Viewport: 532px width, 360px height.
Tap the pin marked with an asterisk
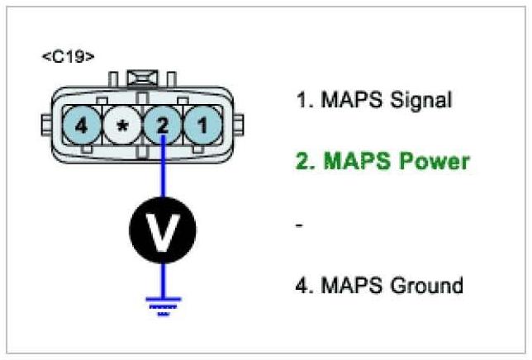(x=122, y=127)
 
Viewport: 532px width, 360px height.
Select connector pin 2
(x=164, y=127)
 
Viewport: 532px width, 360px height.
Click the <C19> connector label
(x=68, y=57)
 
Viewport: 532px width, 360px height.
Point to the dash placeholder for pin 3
(x=299, y=224)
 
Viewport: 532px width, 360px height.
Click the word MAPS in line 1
(x=346, y=101)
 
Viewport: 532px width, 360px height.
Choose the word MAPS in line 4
(x=346, y=286)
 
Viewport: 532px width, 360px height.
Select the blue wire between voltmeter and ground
(x=164, y=277)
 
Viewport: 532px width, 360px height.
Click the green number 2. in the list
(x=305, y=160)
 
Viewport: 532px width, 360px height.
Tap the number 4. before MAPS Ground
(x=303, y=286)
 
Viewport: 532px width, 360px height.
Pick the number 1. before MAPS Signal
(x=302, y=101)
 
